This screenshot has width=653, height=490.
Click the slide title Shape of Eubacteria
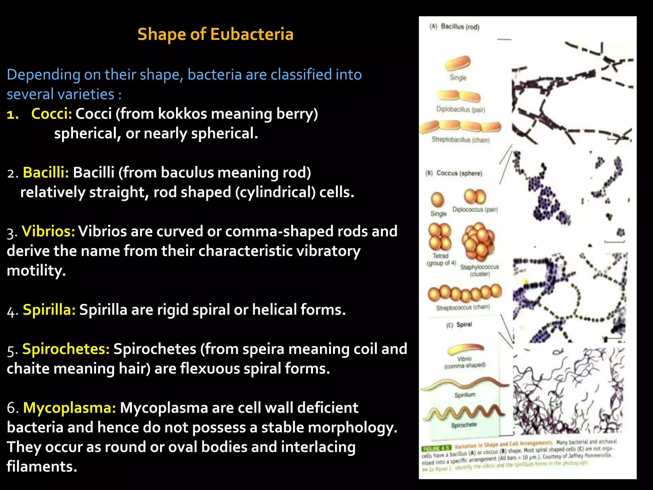(215, 34)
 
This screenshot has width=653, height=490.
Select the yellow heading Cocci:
(52, 114)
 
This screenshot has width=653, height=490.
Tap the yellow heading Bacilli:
(46, 173)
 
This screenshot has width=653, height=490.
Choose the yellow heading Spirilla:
(49, 310)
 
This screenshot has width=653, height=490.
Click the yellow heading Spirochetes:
(66, 349)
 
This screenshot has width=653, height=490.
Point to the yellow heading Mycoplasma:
(70, 408)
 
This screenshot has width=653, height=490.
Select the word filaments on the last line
(42, 467)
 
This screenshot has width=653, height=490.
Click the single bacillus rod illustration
(458, 63)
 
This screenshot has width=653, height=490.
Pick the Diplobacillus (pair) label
(461, 109)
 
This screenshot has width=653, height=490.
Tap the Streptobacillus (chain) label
(461, 140)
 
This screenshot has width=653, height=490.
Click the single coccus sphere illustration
(437, 200)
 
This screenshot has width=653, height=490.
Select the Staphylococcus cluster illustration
(478, 242)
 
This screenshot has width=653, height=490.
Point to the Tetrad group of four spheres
(440, 237)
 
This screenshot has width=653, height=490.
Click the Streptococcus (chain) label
(463, 308)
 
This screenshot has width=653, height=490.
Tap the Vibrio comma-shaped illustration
(466, 349)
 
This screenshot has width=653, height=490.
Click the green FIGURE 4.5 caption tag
(436, 448)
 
